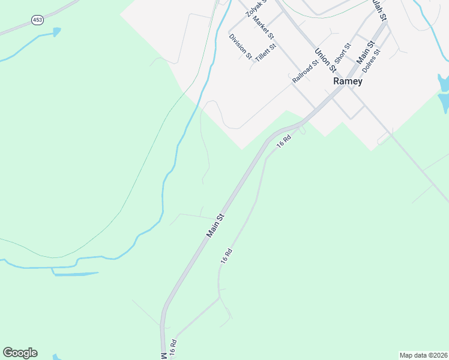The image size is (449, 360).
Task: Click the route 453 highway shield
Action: tap(38, 20)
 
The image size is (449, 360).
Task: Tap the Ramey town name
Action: tap(348, 81)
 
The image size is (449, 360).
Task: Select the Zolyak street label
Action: tap(255, 8)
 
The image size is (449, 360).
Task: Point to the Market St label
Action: tap(263, 28)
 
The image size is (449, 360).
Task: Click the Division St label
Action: tap(241, 46)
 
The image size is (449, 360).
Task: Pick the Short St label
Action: tap(342, 53)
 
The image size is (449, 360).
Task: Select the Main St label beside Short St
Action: tap(366, 52)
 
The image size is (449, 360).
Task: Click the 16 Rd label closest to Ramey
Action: tap(284, 141)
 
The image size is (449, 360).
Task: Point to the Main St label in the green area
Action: tap(215, 225)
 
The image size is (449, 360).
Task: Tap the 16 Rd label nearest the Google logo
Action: tap(173, 349)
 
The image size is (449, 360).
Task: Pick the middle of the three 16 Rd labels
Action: tap(226, 256)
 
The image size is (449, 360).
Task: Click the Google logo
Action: tap(20, 353)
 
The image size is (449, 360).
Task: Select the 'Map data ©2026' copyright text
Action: tap(423, 355)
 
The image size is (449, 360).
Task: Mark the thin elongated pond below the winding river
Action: tap(76, 274)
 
